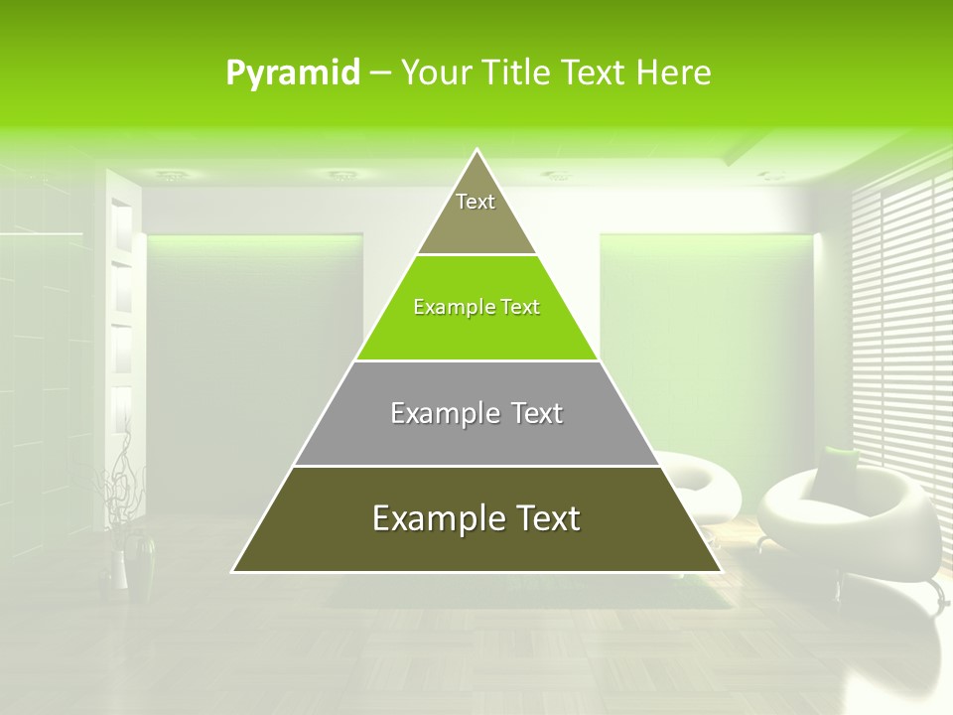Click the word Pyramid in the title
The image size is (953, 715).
point(293,73)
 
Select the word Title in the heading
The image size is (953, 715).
point(515,72)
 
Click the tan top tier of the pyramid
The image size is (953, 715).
point(476,214)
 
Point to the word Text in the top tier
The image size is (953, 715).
point(476,202)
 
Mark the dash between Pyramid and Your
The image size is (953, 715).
point(379,73)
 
